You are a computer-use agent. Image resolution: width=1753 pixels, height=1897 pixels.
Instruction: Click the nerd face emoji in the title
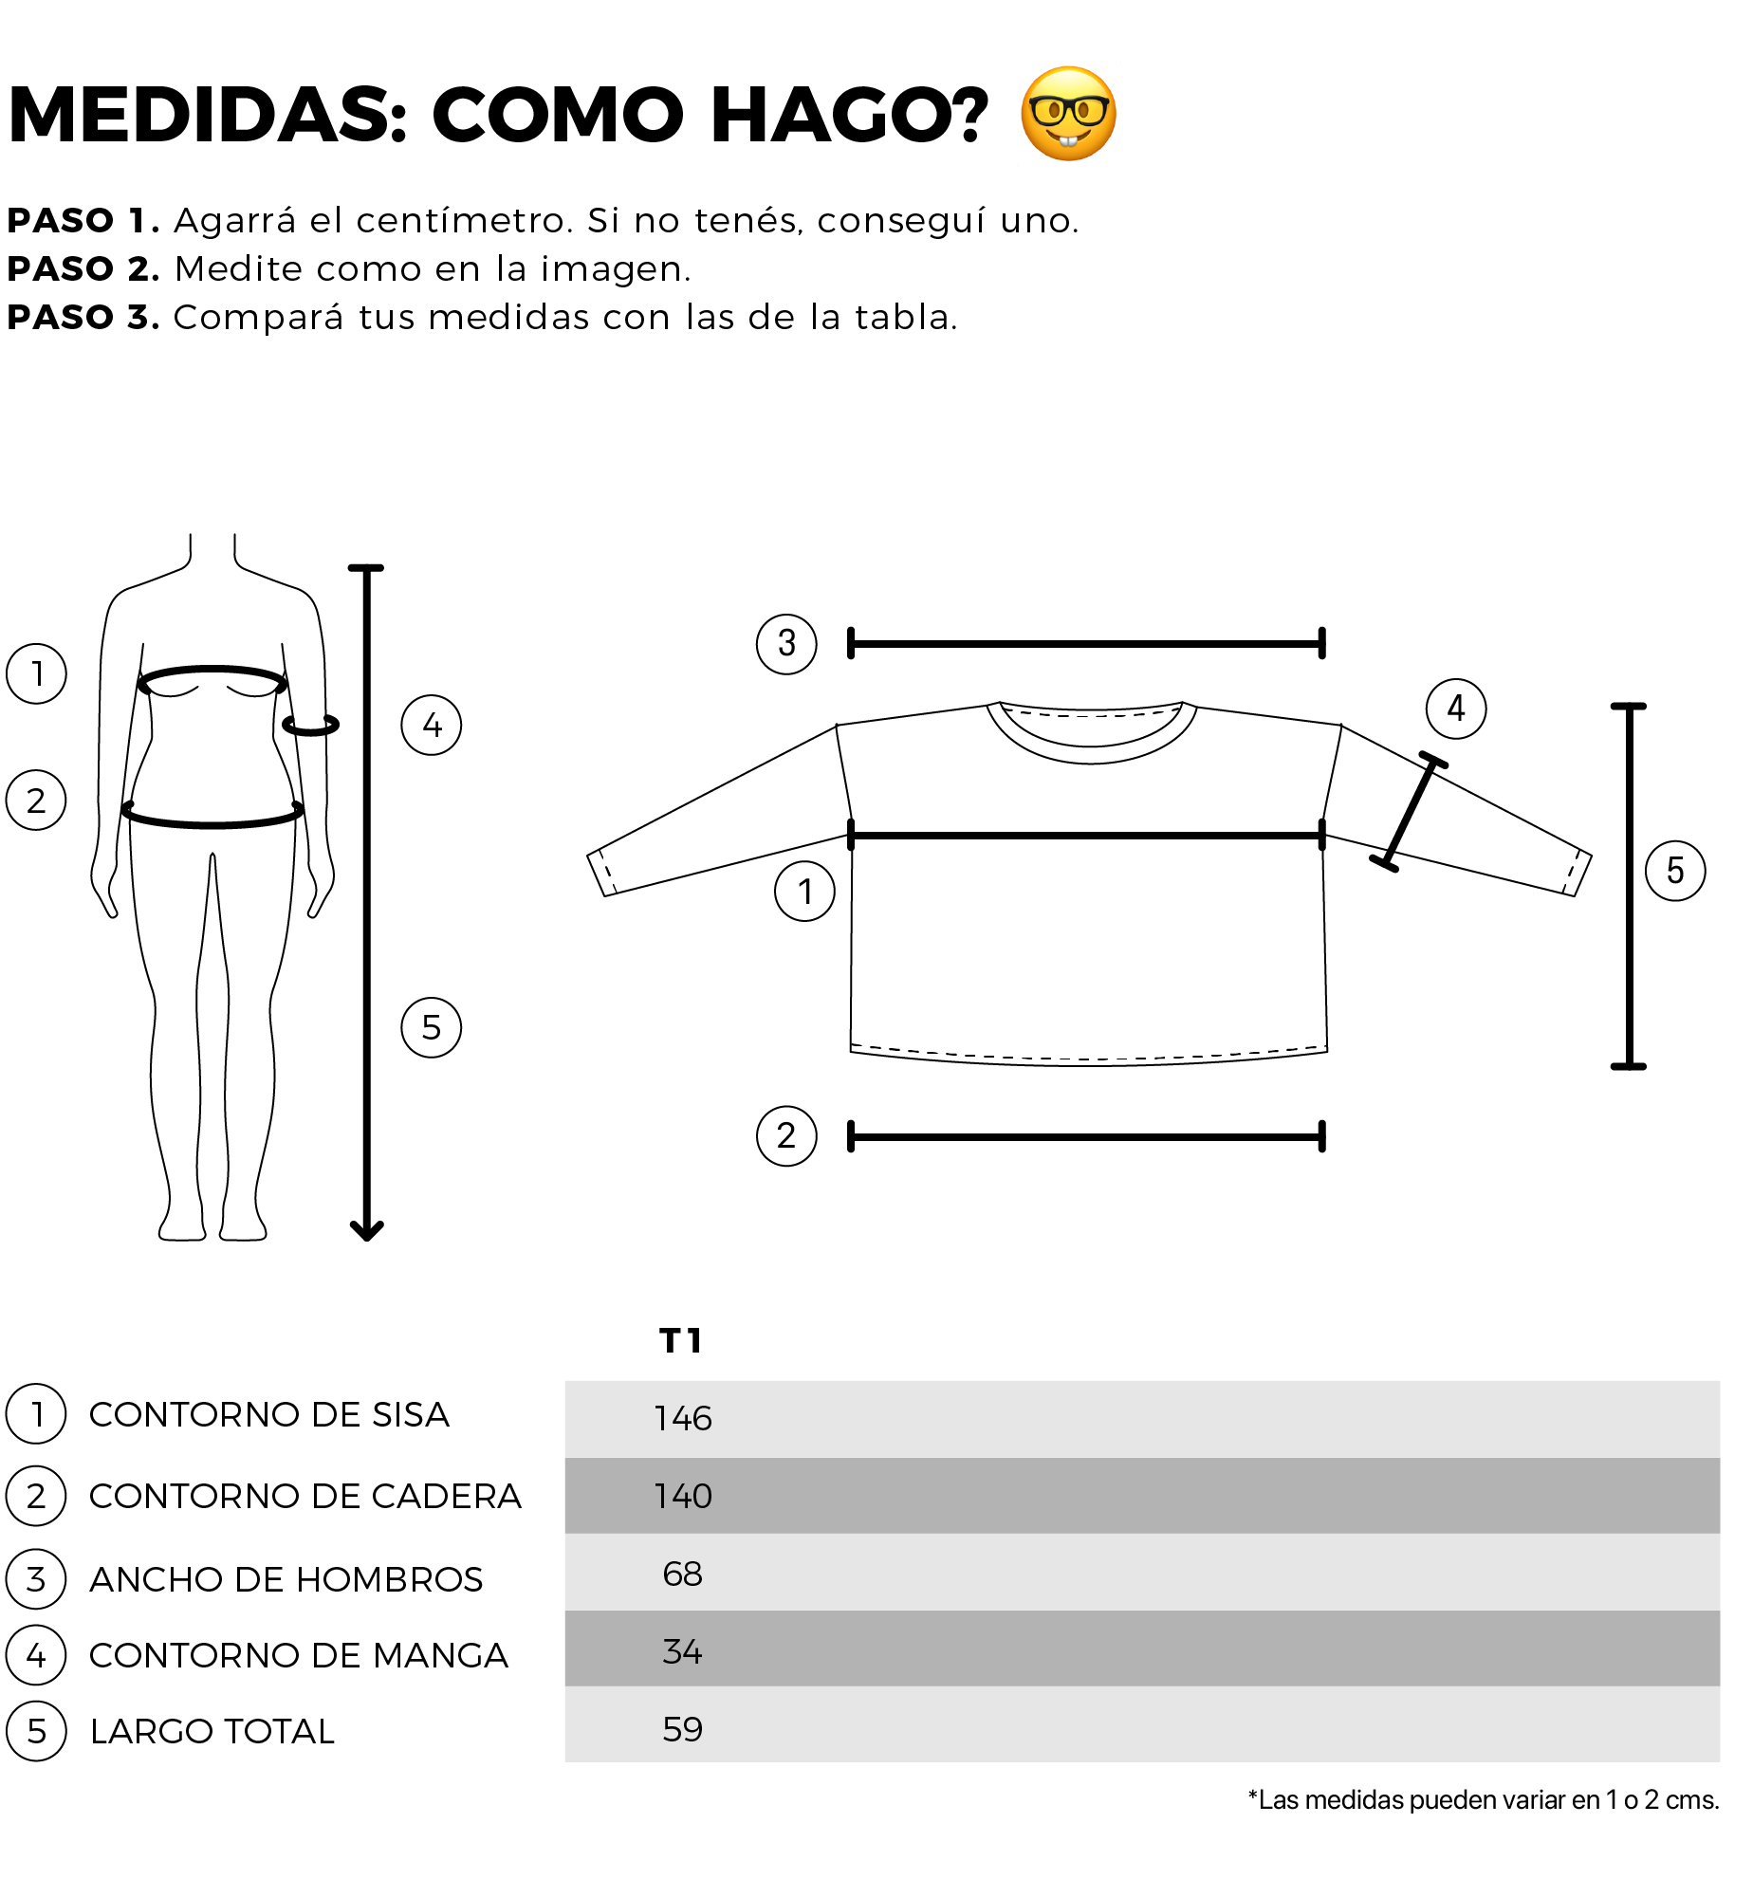coord(1068,114)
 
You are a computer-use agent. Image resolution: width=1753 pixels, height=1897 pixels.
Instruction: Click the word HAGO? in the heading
coord(849,115)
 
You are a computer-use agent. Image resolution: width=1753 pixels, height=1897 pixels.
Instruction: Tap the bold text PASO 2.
coord(83,269)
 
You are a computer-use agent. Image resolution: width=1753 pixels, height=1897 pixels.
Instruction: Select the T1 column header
coord(680,1340)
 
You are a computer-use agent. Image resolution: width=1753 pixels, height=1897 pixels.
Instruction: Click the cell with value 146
coord(683,1418)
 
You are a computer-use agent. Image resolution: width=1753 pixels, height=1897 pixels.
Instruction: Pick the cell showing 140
coord(683,1496)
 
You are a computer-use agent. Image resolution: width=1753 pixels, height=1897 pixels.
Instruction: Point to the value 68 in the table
coord(683,1574)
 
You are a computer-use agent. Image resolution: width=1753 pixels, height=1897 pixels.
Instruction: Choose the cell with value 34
coord(683,1651)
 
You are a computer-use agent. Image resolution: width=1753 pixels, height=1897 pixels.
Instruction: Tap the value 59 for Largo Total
coord(683,1729)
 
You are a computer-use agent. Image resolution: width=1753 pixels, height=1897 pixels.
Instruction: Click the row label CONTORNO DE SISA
coord(269,1414)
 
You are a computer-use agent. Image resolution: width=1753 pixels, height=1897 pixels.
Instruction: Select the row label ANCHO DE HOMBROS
coord(286,1579)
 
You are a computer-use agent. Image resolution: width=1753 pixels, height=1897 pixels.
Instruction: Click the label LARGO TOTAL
coord(212,1731)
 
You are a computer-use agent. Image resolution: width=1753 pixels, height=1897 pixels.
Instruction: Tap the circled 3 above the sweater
coord(786,644)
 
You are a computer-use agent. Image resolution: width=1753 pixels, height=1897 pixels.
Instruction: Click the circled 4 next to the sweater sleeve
coord(1456,709)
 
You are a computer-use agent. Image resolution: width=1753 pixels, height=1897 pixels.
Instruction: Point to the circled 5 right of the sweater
coord(1675,871)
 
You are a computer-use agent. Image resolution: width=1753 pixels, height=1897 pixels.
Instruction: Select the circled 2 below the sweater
coord(786,1135)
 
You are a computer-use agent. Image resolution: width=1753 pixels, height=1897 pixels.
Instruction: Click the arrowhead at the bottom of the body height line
coord(366,1232)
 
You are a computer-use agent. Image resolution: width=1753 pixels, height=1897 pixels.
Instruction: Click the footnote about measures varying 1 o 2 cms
coord(1484,1800)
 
